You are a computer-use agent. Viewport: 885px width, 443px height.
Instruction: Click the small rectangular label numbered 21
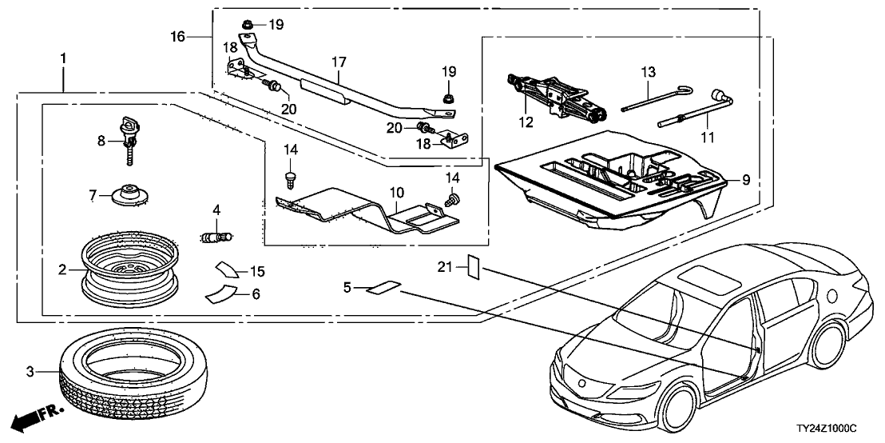pyautogui.click(x=472, y=265)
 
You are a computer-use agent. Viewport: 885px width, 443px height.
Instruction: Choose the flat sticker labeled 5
pyautogui.click(x=384, y=286)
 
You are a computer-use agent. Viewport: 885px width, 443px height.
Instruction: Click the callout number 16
pyautogui.click(x=177, y=37)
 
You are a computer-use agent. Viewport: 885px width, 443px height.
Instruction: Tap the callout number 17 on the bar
pyautogui.click(x=339, y=61)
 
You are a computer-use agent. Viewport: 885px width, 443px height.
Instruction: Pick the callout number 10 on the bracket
pyautogui.click(x=393, y=193)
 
